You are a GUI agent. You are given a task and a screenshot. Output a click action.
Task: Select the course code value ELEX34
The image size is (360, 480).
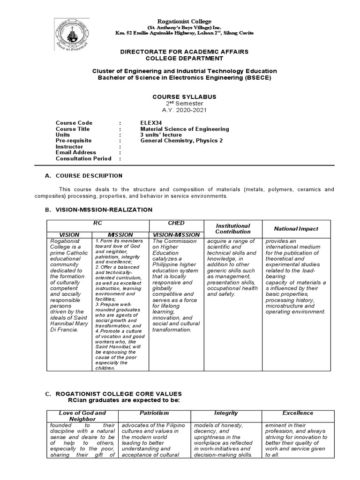[150, 123]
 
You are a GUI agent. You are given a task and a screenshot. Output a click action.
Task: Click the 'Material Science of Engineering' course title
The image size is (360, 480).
[185, 129]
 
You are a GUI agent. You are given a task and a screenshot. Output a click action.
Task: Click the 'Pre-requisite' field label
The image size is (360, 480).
[74, 141]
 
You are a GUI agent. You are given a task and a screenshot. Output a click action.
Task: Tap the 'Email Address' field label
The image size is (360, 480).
[76, 152]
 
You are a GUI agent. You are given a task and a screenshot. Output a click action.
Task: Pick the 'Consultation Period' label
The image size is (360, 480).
[83, 158]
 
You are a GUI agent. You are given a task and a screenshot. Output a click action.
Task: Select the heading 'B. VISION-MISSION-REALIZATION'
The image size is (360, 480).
[98, 210]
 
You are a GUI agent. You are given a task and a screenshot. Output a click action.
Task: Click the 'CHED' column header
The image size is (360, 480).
[176, 223]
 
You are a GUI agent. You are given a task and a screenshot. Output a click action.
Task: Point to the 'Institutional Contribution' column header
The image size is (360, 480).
[232, 229]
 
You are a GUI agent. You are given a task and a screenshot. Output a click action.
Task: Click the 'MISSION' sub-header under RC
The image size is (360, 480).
[120, 235]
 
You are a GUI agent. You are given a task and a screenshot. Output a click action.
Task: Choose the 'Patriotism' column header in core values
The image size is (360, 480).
[154, 413]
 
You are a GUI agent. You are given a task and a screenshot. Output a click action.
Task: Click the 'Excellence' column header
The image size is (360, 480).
[298, 413]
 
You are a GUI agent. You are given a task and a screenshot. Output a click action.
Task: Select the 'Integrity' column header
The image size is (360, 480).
[226, 413]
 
